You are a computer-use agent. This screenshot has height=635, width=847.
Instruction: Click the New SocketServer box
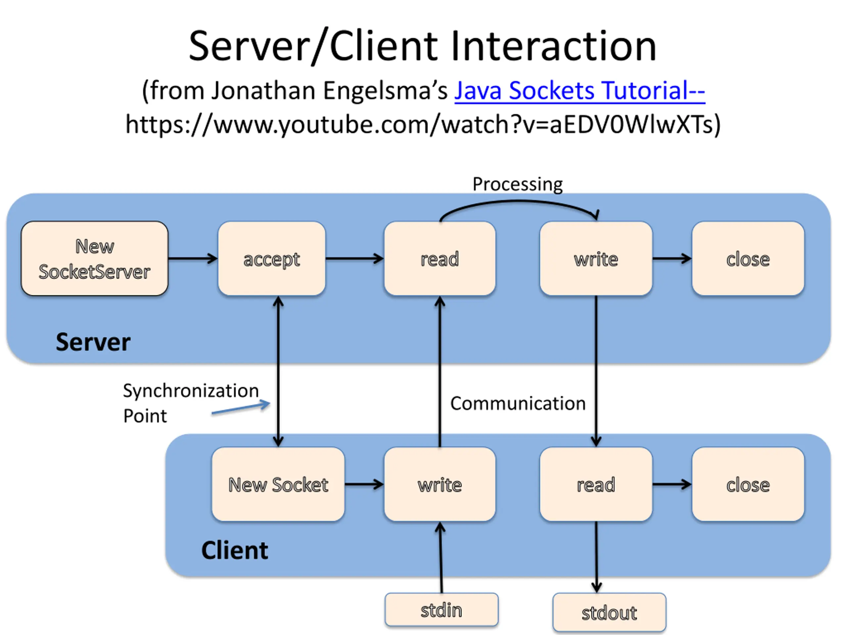tap(95, 258)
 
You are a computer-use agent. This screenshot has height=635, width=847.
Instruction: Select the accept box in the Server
tap(272, 258)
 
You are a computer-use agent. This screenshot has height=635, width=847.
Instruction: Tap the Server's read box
tap(440, 258)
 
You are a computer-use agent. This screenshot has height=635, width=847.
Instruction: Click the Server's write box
tap(596, 258)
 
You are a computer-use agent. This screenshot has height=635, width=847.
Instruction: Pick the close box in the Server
tap(748, 258)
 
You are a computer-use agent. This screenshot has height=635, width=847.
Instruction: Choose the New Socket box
tap(278, 484)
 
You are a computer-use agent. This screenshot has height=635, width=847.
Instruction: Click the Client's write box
tap(440, 484)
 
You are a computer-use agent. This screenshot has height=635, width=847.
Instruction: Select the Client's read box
tap(596, 484)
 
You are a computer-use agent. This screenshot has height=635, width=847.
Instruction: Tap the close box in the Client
tap(748, 484)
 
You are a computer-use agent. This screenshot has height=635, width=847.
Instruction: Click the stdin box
tap(441, 610)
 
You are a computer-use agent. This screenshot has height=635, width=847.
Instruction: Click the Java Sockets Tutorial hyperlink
tap(580, 91)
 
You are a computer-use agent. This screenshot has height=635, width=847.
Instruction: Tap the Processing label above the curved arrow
tap(517, 184)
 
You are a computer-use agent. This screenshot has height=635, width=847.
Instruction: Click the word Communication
tap(518, 403)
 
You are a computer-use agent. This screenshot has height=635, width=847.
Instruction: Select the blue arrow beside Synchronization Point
tap(241, 407)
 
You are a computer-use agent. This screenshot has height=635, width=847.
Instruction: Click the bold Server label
tap(93, 342)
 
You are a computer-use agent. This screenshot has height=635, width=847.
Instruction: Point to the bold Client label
tap(235, 550)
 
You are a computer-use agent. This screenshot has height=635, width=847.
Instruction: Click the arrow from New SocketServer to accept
tap(193, 258)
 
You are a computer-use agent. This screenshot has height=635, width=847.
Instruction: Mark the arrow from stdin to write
tap(441, 558)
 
